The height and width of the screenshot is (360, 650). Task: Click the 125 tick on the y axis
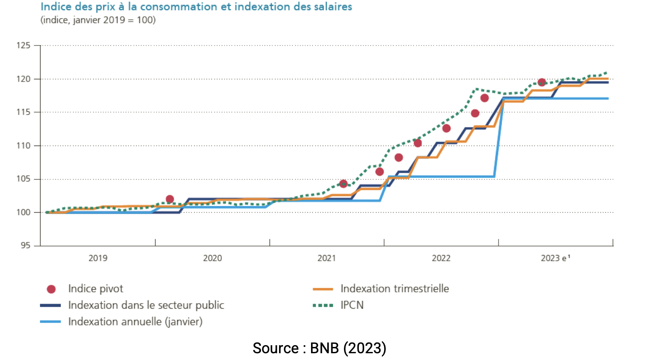pos(24,46)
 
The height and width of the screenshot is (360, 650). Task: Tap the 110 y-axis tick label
pos(24,146)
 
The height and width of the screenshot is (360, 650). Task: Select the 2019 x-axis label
pos(98,258)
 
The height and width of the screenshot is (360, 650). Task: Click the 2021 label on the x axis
pos(327,258)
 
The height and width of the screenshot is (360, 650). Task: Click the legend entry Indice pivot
pos(96,289)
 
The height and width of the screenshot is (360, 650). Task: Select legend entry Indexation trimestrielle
pos(394,288)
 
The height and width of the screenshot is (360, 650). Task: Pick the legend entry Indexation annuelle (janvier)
pos(135,322)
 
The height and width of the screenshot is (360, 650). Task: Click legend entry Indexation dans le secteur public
pos(146,305)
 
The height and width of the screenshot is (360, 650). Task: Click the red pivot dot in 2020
pos(170,199)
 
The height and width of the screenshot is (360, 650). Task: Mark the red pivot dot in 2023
pos(542,82)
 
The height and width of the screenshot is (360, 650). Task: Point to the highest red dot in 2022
pos(485,98)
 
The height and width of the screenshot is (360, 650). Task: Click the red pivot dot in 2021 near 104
pos(343,184)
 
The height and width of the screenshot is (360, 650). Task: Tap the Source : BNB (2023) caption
pos(319,348)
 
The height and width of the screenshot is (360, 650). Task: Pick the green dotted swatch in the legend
pos(322,305)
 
